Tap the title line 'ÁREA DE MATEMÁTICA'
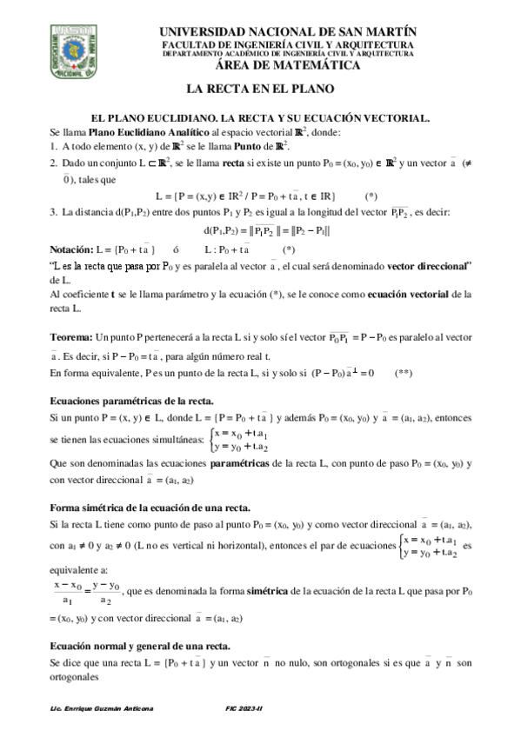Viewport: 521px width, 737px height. click(286, 64)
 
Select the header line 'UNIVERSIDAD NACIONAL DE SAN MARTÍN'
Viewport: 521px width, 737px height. click(286, 31)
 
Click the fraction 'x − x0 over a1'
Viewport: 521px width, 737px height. click(68, 592)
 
